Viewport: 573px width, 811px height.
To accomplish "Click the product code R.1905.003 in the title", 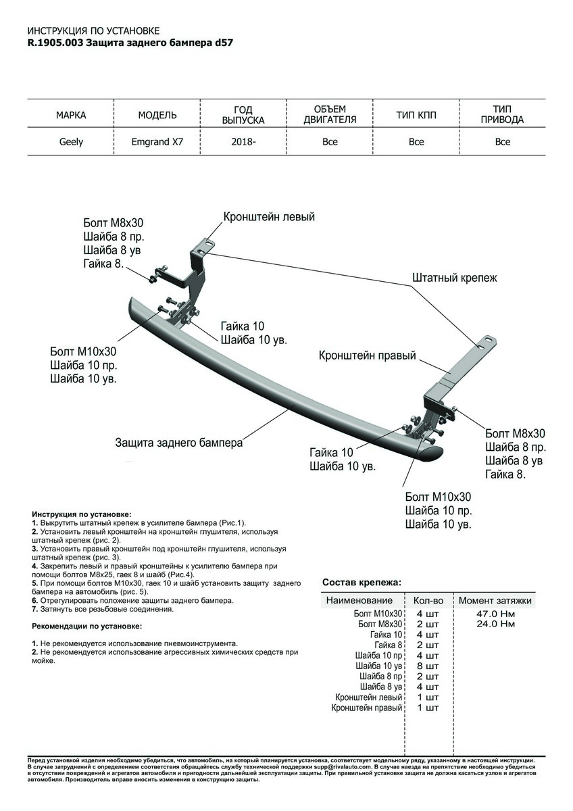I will [x=55, y=42].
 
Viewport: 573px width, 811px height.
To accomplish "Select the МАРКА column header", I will [x=71, y=115].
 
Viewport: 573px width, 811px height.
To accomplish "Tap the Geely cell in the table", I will [x=70, y=142].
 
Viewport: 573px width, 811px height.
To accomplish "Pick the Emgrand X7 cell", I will [x=157, y=142].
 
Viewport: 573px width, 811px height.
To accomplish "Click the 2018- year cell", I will [x=243, y=142].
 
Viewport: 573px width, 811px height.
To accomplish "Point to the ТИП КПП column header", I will [x=416, y=115].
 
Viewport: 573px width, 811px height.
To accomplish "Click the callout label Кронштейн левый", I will [x=269, y=217].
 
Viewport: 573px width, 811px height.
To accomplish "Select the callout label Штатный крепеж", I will [x=454, y=277].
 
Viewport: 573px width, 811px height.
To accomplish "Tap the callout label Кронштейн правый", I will [x=367, y=355].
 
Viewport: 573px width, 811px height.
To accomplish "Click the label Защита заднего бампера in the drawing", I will [x=178, y=443].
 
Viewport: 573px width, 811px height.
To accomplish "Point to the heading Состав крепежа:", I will [x=362, y=582].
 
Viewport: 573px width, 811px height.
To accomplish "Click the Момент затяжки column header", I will [x=495, y=600].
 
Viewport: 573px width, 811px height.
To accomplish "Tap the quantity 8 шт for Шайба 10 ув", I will [x=428, y=666].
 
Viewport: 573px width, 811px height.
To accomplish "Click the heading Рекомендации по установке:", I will [x=89, y=626].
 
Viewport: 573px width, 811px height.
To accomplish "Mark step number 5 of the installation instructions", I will [x=34, y=582].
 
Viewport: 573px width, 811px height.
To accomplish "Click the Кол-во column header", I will [x=428, y=600].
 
